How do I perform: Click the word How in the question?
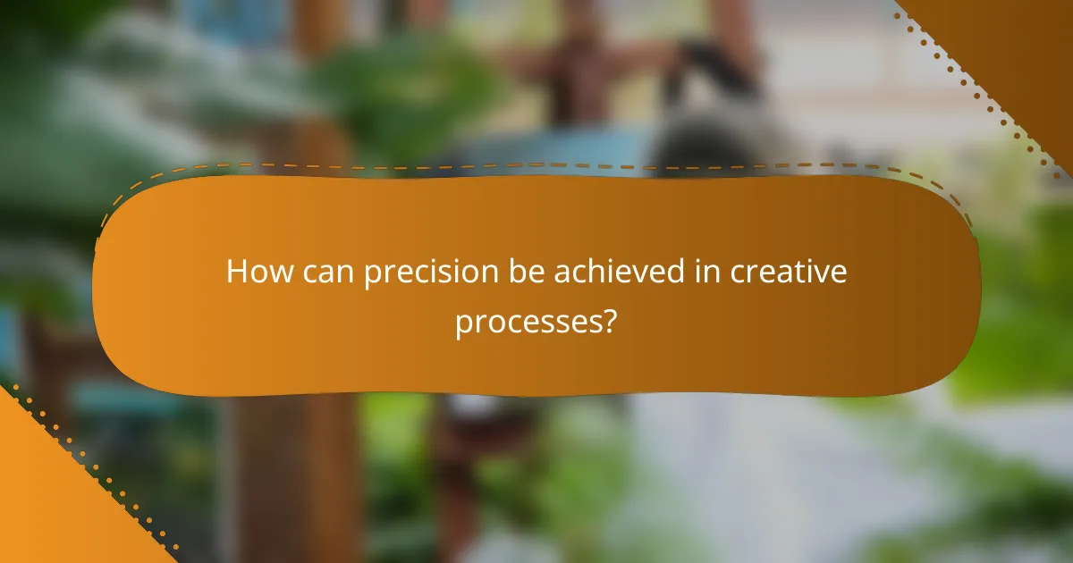pos(258,272)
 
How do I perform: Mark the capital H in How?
pos(236,272)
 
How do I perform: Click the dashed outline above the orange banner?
pos(536,166)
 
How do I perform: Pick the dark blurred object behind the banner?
pos(715,116)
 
